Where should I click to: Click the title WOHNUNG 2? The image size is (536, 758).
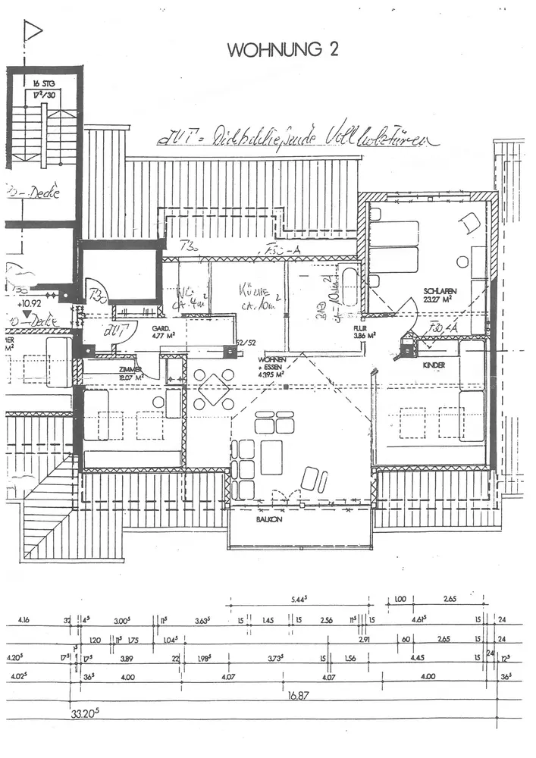pos(283,49)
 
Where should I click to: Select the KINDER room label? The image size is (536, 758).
pos(434,365)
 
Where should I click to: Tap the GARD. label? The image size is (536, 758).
pos(159,329)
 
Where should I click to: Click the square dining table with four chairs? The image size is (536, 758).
pos(214,390)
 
